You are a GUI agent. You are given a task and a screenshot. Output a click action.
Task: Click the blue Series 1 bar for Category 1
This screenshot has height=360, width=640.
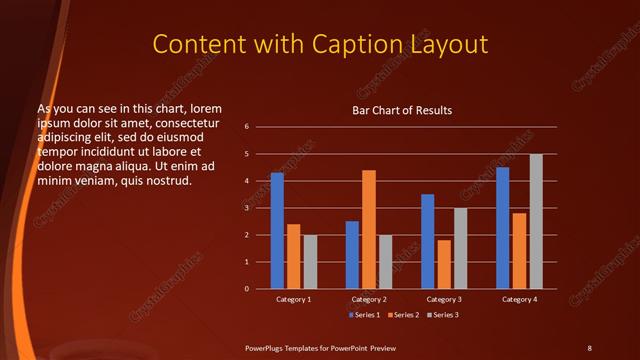click(277, 231)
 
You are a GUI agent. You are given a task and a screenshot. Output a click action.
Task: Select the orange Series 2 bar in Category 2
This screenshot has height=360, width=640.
click(369, 229)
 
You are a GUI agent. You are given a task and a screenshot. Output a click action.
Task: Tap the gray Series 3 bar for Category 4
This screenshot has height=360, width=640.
click(536, 221)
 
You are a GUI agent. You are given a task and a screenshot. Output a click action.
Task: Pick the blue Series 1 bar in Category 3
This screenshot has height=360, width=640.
click(428, 241)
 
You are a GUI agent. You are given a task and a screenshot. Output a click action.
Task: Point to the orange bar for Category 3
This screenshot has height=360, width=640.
click(444, 264)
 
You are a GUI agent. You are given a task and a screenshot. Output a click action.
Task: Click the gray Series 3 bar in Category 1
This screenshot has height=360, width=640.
click(310, 262)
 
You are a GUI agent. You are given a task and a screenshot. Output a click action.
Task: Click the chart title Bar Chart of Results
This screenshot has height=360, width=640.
click(403, 110)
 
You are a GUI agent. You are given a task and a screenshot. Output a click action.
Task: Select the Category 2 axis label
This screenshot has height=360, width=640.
click(369, 299)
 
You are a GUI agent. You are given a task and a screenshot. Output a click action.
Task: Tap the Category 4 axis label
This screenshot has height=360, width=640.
click(519, 299)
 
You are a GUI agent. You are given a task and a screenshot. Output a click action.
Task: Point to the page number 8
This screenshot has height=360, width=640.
click(589, 347)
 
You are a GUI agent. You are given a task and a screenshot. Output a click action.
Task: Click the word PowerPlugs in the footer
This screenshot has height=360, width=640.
click(267, 347)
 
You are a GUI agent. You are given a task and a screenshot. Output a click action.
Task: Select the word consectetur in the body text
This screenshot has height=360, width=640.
click(188, 122)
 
